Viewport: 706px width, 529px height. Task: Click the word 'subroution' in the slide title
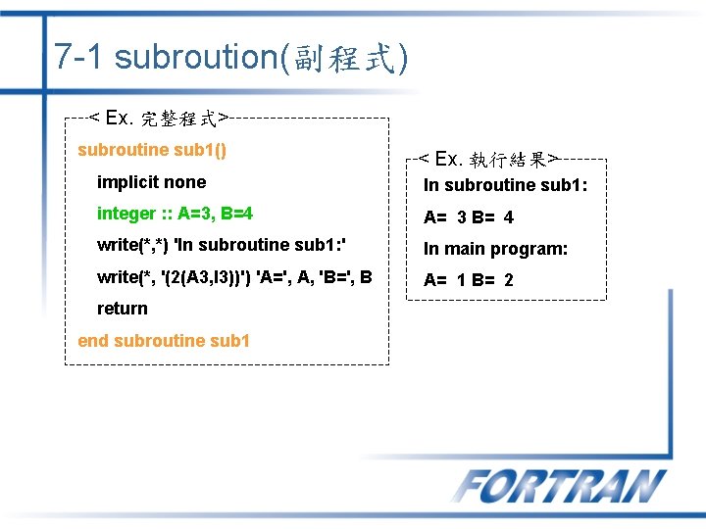[x=196, y=57]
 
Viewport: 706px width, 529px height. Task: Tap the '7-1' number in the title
[x=79, y=57]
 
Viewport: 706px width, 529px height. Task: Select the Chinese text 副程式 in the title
[x=339, y=58]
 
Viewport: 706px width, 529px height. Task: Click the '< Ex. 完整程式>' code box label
[x=159, y=119]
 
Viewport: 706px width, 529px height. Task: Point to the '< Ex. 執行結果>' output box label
[x=487, y=159]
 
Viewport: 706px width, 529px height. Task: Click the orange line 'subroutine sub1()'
[x=152, y=150]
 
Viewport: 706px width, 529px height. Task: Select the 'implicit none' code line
[x=151, y=182]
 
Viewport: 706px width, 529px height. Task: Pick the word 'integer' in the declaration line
[x=126, y=214]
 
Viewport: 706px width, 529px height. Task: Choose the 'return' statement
[x=122, y=309]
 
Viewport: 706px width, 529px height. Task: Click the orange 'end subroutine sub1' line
[x=164, y=341]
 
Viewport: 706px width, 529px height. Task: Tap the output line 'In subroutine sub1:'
[x=505, y=185]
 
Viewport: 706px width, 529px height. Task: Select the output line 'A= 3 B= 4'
[x=469, y=217]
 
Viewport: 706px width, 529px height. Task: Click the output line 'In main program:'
[x=495, y=249]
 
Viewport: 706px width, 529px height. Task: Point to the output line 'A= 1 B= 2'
[x=469, y=280]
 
